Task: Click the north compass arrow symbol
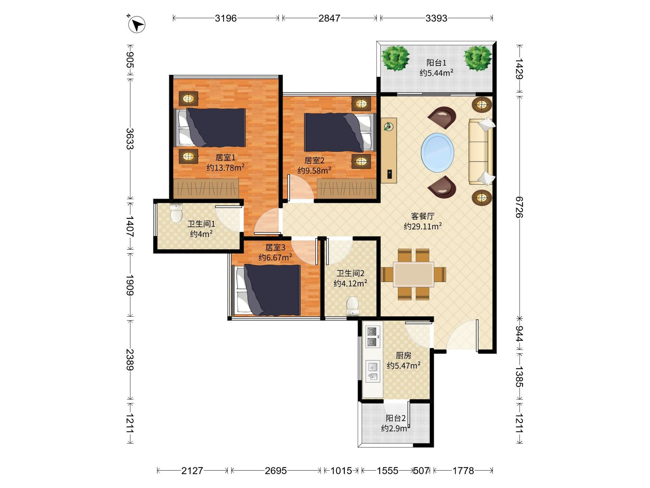137,24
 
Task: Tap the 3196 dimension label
226,18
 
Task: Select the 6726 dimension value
519,207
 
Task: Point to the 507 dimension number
421,471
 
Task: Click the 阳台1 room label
436,63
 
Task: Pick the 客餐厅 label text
422,216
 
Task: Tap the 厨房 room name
403,356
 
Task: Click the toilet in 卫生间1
176,212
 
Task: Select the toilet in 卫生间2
352,307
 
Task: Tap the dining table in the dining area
414,274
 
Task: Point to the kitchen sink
373,371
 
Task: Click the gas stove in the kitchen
372,337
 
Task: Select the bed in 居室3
266,290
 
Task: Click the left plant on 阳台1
395,58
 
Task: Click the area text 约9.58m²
314,170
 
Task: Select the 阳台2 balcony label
395,418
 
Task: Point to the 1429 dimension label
519,69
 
